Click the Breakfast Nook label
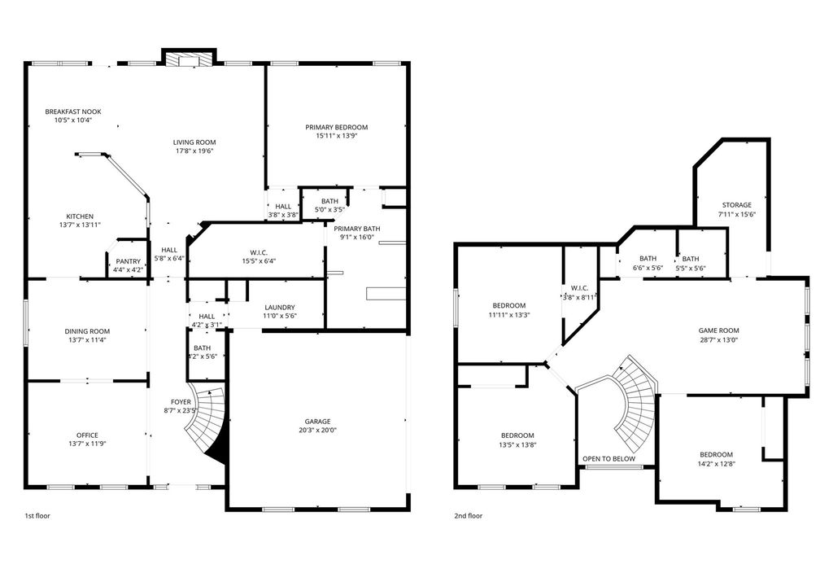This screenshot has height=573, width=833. click(x=72, y=112)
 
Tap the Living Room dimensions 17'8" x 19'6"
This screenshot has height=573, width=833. click(x=194, y=151)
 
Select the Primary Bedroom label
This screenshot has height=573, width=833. click(x=336, y=127)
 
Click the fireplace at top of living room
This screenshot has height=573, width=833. click(x=189, y=58)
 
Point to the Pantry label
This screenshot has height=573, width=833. click(x=129, y=261)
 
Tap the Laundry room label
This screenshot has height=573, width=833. click(x=280, y=307)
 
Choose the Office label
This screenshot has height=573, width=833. click(x=87, y=435)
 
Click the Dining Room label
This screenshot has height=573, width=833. click(x=87, y=331)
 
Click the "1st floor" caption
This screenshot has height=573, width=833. click(x=37, y=515)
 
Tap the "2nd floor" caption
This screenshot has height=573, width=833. click(x=468, y=515)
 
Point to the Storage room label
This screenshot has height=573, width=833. click(x=737, y=205)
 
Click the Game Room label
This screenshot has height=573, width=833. click(x=719, y=330)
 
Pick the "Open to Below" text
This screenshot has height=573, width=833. click(x=608, y=459)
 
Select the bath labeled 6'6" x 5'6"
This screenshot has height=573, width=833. click(x=648, y=263)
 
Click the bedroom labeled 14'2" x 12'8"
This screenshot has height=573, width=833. click(x=716, y=459)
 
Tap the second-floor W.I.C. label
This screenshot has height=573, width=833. click(x=579, y=288)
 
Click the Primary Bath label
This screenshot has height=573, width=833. click(x=357, y=229)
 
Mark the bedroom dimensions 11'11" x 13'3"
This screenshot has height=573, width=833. click(x=509, y=314)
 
